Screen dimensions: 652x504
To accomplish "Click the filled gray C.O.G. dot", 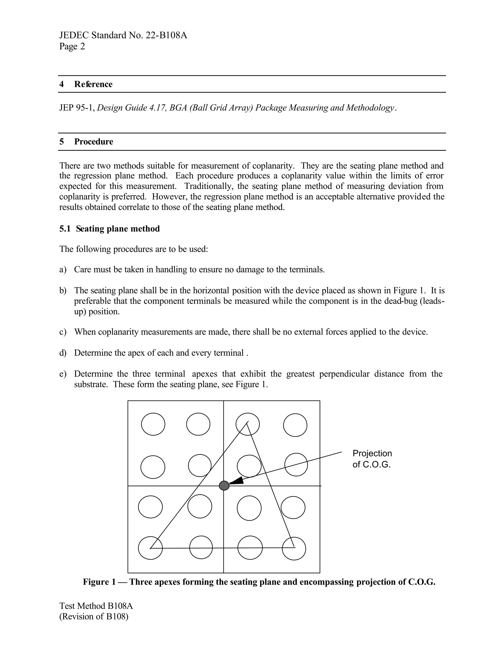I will pos(224,486).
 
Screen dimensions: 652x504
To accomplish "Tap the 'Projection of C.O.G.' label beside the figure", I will pos(372,459).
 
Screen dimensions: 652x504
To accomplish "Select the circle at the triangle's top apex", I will pos(248,424).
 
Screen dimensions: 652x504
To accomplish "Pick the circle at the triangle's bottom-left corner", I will pos(150,548).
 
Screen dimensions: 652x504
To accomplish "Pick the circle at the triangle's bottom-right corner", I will pos(294,548).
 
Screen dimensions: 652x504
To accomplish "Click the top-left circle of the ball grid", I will pos(153,424).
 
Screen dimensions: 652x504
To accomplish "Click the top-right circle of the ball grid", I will pos(295,425).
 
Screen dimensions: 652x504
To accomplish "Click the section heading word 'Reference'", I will pos(93,84).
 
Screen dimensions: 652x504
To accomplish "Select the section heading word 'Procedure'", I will pos(94,141).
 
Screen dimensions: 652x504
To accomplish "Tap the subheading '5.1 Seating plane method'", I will pos(109,229).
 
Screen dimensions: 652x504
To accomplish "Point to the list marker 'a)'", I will pos(63,270).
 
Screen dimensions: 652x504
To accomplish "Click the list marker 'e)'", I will pos(63,374).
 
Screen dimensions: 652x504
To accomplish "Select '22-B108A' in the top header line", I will pos(166,35).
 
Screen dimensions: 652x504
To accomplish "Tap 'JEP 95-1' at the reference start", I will pos(77,108).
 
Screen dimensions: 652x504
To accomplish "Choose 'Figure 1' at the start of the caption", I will pos(99,582).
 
